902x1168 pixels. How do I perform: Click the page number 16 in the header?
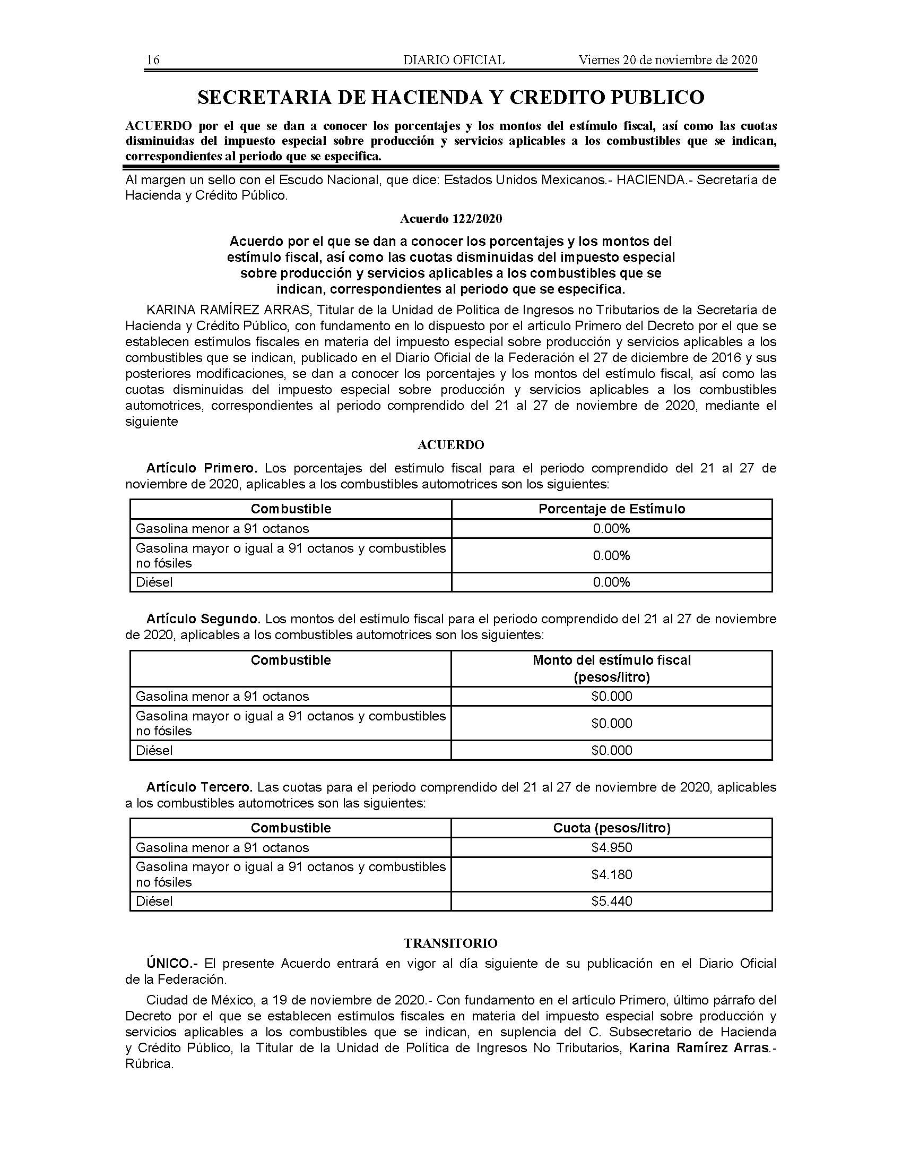(x=153, y=60)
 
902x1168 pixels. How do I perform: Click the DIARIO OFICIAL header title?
(x=454, y=60)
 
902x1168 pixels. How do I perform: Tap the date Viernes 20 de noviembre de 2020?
(x=667, y=60)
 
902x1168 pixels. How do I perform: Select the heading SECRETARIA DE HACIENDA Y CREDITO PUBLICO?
(x=451, y=97)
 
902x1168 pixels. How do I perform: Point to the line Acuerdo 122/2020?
(x=451, y=219)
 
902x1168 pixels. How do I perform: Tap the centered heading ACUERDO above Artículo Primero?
(x=451, y=445)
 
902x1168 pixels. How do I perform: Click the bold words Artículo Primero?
(x=202, y=468)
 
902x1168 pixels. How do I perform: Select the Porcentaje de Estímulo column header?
(x=611, y=509)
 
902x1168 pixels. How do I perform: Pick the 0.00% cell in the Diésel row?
(x=611, y=582)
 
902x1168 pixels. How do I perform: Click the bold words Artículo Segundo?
(x=203, y=619)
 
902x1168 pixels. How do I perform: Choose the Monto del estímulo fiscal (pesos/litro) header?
(x=611, y=668)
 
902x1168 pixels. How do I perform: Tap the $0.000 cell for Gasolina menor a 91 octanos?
(x=611, y=697)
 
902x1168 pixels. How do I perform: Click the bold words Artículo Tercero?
(x=199, y=787)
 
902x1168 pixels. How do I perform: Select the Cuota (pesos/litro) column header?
(x=611, y=828)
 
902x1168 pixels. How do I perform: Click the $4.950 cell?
(x=611, y=848)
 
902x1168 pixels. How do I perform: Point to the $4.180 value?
(x=611, y=874)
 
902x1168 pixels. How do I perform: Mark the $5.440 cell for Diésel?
(x=611, y=901)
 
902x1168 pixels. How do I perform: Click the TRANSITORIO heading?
(x=450, y=943)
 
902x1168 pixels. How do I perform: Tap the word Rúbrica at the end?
(x=149, y=1064)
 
